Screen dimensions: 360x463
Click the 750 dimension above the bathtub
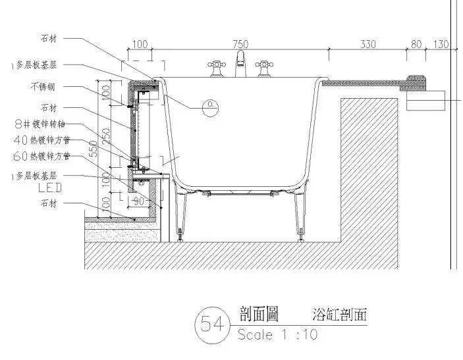pos(240,44)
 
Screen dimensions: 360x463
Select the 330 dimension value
pos(368,44)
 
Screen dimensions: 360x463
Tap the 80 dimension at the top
pos(416,44)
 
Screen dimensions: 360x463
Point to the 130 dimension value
pos(440,44)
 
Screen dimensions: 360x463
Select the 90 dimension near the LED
pos(138,201)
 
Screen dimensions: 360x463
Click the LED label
pos(50,188)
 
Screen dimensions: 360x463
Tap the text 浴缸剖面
pos(339,314)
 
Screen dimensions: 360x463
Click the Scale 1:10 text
pos(277,334)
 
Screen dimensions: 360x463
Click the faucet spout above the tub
pos(241,61)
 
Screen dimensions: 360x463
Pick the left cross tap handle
pos(215,66)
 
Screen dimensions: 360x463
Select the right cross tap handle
pos(265,66)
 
